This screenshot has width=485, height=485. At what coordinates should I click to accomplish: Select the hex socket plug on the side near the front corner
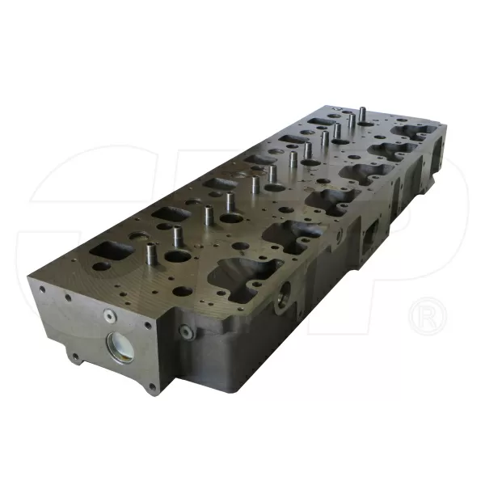click(x=186, y=331)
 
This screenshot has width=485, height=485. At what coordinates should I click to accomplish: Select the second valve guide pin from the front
click(x=207, y=216)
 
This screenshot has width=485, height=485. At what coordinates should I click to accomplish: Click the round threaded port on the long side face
click(x=283, y=299)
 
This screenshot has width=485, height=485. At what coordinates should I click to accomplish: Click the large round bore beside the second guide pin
click(x=230, y=219)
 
